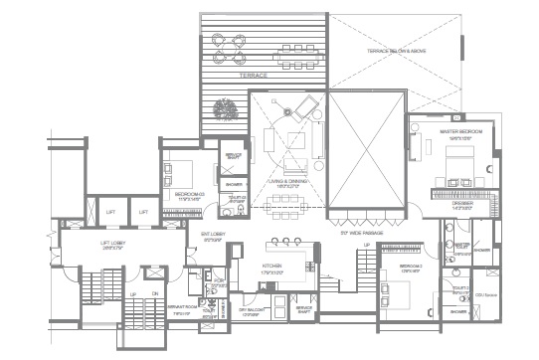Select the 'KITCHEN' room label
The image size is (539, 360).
(x=274, y=267)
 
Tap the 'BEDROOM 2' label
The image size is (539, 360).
(x=413, y=268)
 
